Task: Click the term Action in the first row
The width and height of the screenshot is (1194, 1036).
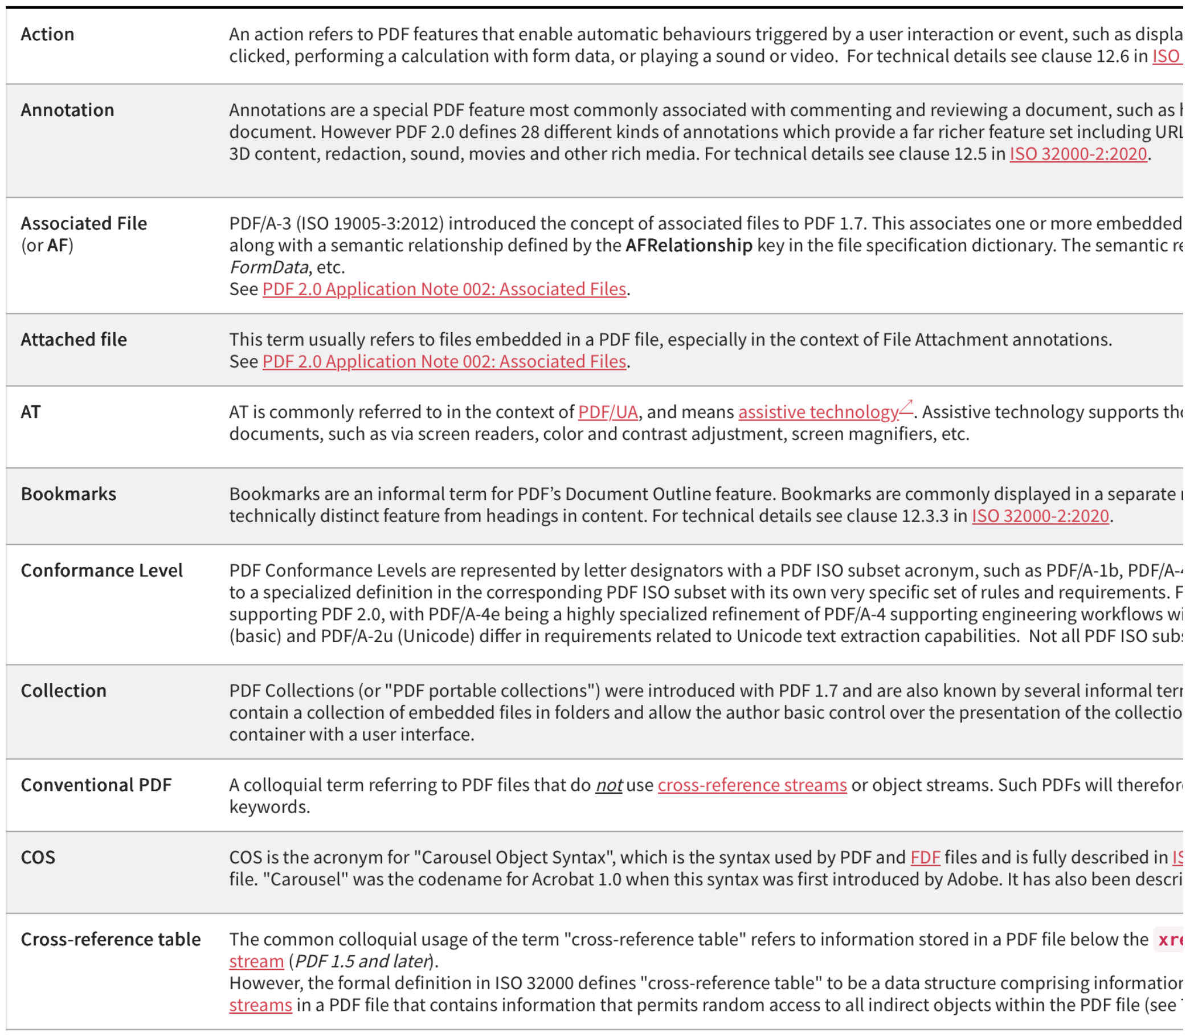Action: pos(47,34)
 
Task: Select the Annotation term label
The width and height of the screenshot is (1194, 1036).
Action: pos(68,110)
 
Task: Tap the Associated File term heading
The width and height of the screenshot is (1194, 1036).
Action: pos(84,223)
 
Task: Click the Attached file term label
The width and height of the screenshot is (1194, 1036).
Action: pos(74,340)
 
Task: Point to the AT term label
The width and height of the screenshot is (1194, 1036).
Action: pos(31,411)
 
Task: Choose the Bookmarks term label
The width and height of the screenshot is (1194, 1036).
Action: pos(69,493)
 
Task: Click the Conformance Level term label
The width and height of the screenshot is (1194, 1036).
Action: pos(102,570)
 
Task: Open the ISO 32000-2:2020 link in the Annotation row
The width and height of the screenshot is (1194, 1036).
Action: pos(1078,154)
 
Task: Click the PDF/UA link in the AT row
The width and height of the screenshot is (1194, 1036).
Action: pos(608,411)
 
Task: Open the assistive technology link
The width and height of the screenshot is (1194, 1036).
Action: pos(819,411)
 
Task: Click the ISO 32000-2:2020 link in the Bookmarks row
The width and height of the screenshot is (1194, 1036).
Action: pos(1040,516)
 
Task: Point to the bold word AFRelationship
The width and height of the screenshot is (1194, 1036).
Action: pos(689,245)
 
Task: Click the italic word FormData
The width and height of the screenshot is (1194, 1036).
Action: pos(269,267)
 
